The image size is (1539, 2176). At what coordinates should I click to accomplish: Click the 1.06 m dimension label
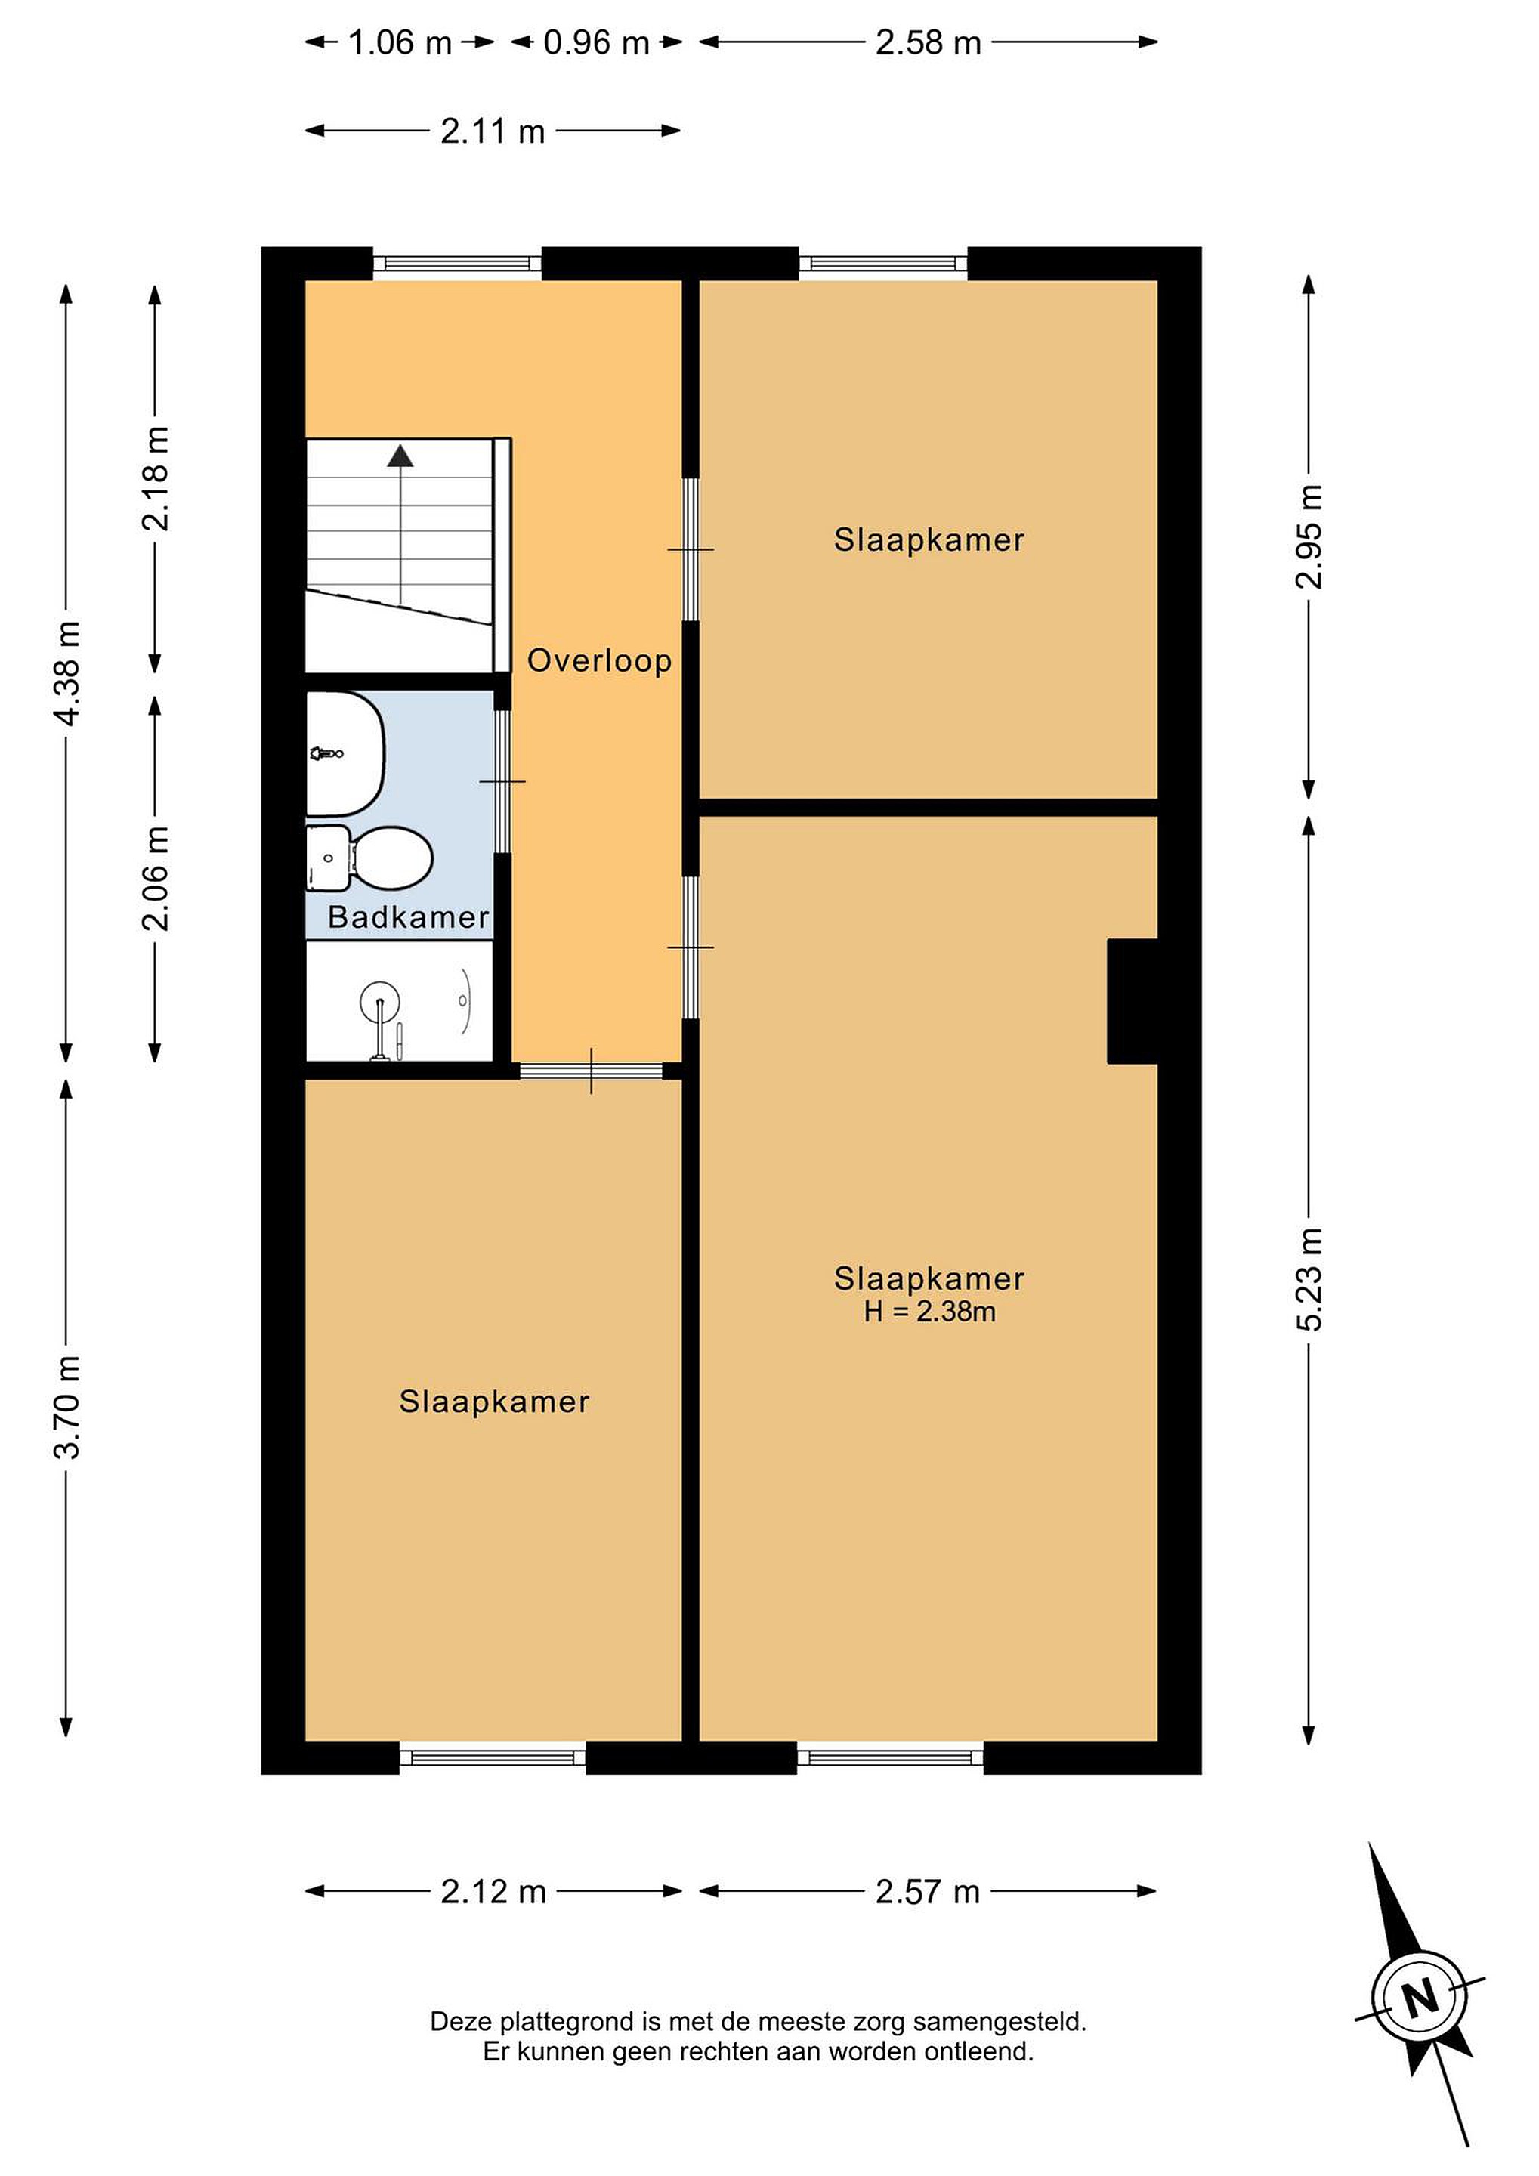[x=400, y=42]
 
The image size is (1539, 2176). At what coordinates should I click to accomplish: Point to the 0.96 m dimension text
[x=596, y=42]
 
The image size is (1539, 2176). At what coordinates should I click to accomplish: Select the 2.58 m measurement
[x=928, y=42]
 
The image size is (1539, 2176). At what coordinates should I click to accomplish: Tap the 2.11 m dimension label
[x=493, y=131]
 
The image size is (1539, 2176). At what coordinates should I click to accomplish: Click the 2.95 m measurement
[x=1309, y=536]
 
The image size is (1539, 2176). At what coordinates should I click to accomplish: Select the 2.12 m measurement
[x=493, y=1892]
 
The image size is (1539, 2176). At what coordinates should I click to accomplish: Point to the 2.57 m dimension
[x=927, y=1892]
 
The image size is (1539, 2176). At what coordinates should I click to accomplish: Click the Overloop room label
[x=599, y=660]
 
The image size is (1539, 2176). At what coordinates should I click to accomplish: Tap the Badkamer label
[x=409, y=916]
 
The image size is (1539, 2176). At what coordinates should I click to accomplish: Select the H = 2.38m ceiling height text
[x=929, y=1312]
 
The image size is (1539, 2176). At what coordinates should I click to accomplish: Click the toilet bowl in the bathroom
[x=391, y=858]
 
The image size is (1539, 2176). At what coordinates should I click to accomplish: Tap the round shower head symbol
[x=380, y=1000]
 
